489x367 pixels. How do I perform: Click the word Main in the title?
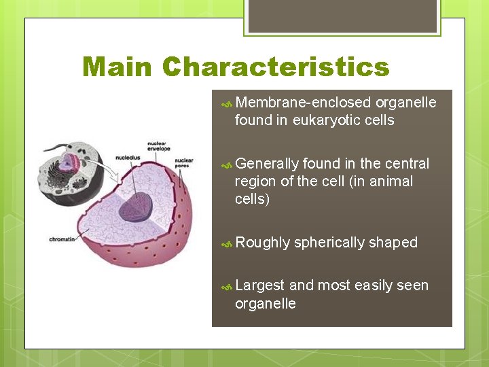117,67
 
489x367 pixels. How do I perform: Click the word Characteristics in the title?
276,67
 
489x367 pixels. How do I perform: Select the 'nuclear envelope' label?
158,146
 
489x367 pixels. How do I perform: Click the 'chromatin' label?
62,239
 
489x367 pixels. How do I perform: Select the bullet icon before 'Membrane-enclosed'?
228,103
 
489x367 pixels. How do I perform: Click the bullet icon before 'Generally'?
228,164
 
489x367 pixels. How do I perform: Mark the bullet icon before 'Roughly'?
228,243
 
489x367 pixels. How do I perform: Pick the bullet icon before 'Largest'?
228,287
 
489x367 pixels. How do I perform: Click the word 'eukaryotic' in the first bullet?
325,120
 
